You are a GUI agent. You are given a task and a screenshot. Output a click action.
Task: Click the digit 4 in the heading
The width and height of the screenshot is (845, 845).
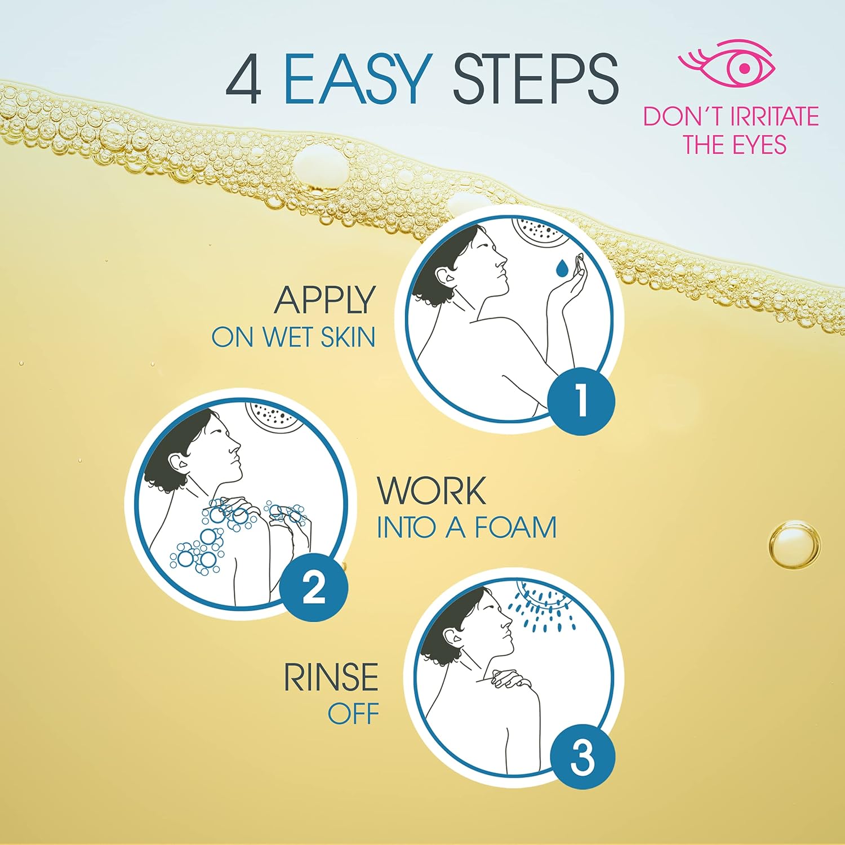point(243,80)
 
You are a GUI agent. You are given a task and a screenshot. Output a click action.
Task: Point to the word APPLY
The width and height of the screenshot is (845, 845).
point(324,300)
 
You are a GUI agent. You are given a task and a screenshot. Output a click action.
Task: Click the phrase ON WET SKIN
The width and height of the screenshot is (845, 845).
point(293,337)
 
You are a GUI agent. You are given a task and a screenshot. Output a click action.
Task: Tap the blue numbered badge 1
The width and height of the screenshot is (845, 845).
point(581,401)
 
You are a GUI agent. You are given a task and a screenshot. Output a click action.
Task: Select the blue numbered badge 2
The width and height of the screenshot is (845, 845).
point(313,588)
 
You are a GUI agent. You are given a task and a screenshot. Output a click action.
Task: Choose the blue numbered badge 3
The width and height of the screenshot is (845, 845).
point(581,756)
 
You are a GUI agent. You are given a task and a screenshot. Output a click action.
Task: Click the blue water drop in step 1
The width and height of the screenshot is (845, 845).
point(561,268)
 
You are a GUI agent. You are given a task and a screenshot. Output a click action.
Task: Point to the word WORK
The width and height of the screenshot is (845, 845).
point(431,491)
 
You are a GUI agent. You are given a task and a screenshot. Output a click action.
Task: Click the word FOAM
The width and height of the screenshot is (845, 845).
point(515,528)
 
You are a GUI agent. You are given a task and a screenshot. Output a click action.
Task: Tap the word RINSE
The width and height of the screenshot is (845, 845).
point(330,677)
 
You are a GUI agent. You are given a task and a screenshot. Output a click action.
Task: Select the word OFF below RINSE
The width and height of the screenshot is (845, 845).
point(353,714)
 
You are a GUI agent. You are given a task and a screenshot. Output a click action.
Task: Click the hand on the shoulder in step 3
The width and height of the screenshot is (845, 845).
point(510,679)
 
